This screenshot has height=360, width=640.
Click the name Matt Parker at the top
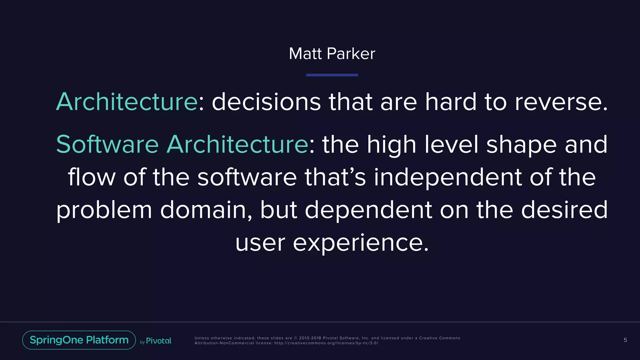coord(332,54)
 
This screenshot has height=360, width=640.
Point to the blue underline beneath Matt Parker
coord(332,75)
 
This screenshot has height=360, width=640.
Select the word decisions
coord(266,102)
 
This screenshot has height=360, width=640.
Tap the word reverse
coord(561,102)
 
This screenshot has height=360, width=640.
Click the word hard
coord(451,102)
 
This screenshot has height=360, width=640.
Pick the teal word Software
coord(107,144)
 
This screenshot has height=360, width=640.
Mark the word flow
coord(92,177)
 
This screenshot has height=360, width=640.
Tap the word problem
coord(104,210)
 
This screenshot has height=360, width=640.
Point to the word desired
coord(564,210)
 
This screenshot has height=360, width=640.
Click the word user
coord(260,243)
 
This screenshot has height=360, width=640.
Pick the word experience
coord(361,243)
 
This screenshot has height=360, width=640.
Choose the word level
coord(451,144)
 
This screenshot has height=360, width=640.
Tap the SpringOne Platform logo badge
coord(79,340)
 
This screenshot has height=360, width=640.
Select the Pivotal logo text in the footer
coord(158,341)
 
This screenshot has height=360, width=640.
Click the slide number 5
coord(625,340)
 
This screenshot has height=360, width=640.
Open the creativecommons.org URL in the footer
coord(326,343)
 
